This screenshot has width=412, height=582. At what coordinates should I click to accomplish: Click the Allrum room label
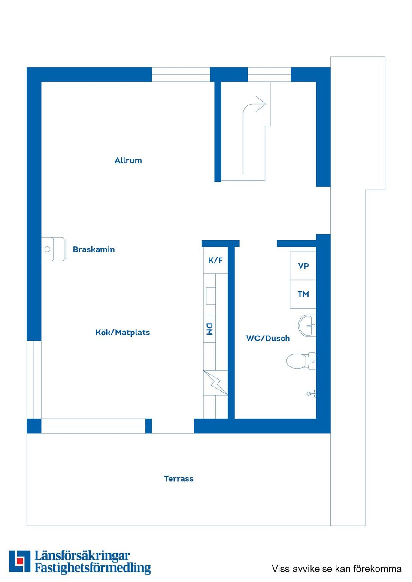pos(128,160)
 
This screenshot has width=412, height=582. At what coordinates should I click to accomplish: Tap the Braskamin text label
pos(94,249)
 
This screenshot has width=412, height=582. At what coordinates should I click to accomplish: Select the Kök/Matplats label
pos(122,332)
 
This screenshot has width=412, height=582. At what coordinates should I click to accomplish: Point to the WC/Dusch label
pos(268,338)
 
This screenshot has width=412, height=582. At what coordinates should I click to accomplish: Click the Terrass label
pos(179,479)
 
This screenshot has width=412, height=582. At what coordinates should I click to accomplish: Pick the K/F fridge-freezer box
pos(215,260)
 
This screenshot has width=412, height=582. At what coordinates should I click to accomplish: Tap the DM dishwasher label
pos(209,329)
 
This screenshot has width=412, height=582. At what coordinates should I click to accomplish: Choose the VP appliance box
pos(303,266)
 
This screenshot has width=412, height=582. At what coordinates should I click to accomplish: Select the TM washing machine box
pos(303,294)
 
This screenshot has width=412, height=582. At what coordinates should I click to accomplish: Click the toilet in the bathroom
pos(301,361)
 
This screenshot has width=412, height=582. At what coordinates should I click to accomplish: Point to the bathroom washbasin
pos(307,326)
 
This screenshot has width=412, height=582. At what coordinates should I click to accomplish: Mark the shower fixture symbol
pos(311,394)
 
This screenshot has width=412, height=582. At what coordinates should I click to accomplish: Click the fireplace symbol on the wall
pos(53,249)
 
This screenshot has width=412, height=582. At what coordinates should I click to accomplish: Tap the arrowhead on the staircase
pos(261,104)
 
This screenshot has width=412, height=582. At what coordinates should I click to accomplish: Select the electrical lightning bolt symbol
pos(215,383)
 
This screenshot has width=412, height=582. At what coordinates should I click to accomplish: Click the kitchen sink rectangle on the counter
pos(211,296)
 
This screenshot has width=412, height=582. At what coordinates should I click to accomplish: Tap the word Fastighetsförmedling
pos(93,568)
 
